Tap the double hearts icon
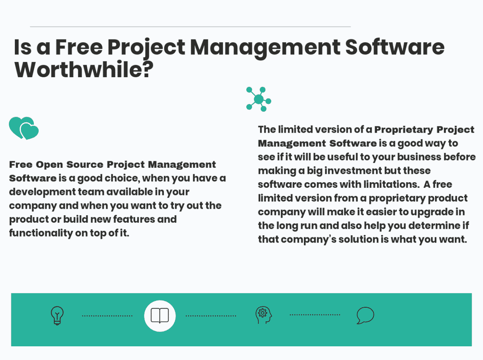(24, 128)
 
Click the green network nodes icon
(258, 99)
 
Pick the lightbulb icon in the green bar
(57, 315)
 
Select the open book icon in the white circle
(160, 316)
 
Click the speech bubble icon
(365, 315)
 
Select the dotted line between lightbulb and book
(107, 316)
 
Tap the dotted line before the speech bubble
(315, 315)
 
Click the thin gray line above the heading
(190, 27)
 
